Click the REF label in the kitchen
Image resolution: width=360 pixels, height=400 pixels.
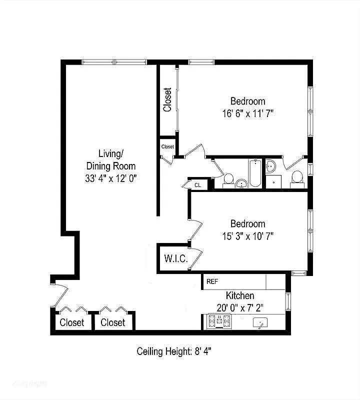[x=212, y=281]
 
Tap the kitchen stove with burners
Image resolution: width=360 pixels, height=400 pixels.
[x=219, y=321]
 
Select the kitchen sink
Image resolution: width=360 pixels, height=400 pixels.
[x=260, y=323]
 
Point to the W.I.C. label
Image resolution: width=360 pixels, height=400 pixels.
[x=175, y=259]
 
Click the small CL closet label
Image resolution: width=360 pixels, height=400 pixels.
[x=197, y=184]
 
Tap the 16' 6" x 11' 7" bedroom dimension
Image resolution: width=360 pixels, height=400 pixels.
[x=248, y=113]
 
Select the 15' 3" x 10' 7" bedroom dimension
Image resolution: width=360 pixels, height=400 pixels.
[x=248, y=235]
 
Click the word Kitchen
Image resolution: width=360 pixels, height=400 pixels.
[x=240, y=295]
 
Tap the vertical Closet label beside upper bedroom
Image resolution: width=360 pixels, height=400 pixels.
[x=167, y=100]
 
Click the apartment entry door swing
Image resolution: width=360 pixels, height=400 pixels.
[x=59, y=295]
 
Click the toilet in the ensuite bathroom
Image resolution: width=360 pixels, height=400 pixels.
[x=297, y=177]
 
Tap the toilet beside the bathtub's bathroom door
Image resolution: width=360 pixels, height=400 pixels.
[x=228, y=179]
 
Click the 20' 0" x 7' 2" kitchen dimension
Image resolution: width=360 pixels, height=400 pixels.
[x=240, y=307]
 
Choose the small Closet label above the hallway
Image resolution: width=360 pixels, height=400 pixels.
[x=167, y=146]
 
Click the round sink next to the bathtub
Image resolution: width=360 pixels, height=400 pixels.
[x=241, y=183]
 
